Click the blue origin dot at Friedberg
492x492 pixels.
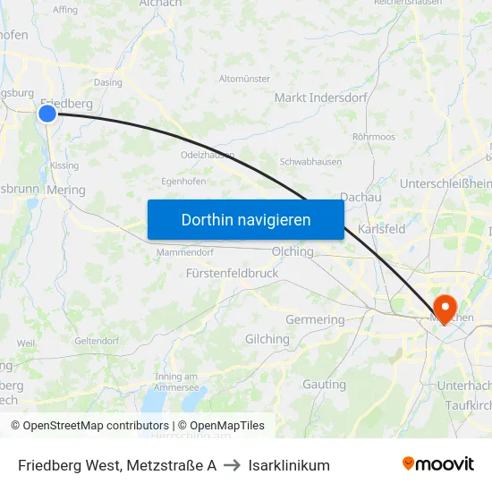click(x=47, y=113)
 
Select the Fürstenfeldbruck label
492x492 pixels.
click(x=233, y=273)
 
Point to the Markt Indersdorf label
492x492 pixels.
click(x=321, y=98)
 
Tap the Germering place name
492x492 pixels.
click(x=315, y=319)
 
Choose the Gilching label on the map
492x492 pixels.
click(x=267, y=339)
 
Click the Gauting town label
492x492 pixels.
click(x=324, y=385)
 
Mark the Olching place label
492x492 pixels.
click(x=293, y=251)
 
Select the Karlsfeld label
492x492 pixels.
click(x=382, y=229)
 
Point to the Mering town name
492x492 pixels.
click(x=66, y=190)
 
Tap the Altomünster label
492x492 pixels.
click(x=244, y=79)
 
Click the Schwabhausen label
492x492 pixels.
click(x=310, y=162)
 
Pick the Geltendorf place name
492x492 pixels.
click(x=97, y=341)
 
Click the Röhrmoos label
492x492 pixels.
click(x=374, y=137)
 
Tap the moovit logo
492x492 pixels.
click(x=438, y=464)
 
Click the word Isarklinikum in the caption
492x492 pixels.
click(x=289, y=465)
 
